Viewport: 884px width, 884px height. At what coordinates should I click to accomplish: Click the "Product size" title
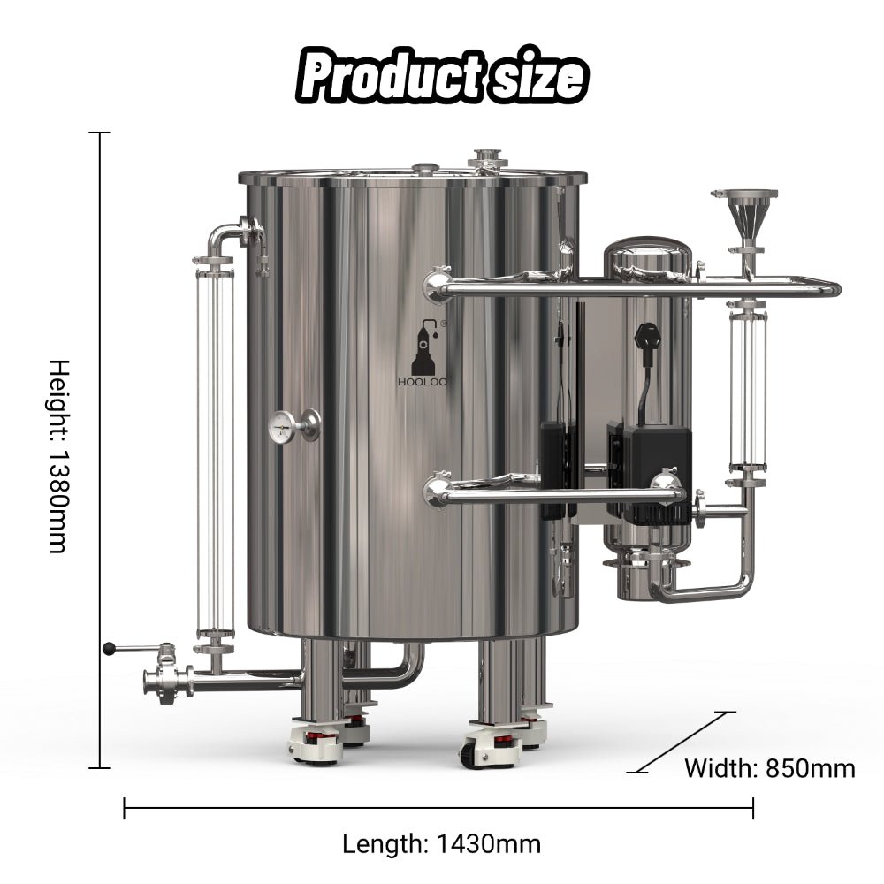(442, 75)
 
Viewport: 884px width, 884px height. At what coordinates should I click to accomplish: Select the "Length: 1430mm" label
(441, 844)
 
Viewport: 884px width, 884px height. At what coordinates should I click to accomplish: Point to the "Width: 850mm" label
(770, 768)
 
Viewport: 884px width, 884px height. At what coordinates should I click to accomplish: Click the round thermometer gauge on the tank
(283, 427)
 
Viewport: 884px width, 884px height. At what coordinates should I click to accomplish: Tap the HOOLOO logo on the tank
(423, 354)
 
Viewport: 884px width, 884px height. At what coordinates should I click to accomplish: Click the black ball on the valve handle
(109, 649)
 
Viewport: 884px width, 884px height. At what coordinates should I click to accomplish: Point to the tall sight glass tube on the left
(215, 453)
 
